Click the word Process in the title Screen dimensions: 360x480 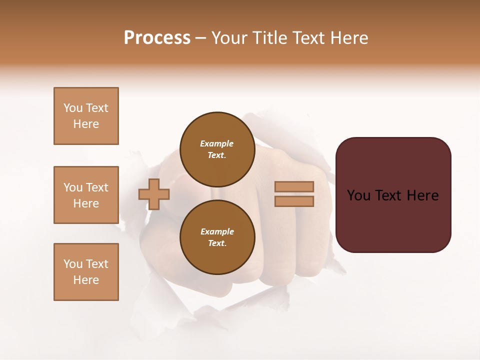click(x=157, y=38)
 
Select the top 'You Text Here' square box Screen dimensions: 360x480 click(x=86, y=116)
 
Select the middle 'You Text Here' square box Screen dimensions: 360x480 click(x=86, y=195)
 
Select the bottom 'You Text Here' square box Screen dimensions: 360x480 click(x=86, y=272)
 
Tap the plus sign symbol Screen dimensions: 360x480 click(x=154, y=194)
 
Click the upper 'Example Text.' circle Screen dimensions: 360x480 click(x=217, y=149)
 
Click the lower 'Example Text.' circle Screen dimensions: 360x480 click(x=217, y=237)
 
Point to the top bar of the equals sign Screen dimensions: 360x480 click(x=294, y=186)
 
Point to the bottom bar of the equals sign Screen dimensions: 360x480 click(x=294, y=201)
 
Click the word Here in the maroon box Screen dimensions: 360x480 click(x=422, y=195)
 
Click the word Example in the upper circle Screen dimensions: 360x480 click(x=217, y=143)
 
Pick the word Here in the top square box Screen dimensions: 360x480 click(x=86, y=124)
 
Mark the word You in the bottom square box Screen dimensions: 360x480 click(x=73, y=264)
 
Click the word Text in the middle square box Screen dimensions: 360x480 click(x=97, y=187)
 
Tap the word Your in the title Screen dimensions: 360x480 click(x=229, y=38)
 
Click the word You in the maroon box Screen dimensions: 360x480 click(x=358, y=195)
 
